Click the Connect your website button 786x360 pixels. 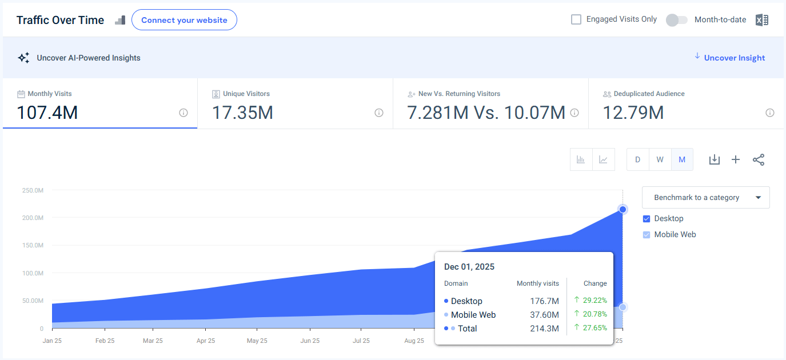click(184, 20)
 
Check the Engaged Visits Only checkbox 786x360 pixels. click(576, 19)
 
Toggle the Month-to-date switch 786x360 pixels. click(676, 20)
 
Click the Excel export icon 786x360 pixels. click(761, 20)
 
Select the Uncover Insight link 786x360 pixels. click(734, 58)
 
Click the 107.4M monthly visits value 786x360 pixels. click(47, 113)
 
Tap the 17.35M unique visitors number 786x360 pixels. click(242, 113)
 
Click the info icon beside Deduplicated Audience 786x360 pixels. click(770, 113)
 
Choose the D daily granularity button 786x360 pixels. click(637, 159)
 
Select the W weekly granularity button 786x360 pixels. click(660, 159)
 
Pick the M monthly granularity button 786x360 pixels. click(682, 159)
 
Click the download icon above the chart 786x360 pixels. click(714, 159)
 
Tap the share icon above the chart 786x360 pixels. click(759, 159)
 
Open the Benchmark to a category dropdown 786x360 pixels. click(705, 198)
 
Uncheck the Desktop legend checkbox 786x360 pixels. click(647, 219)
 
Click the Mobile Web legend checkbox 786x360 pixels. click(647, 235)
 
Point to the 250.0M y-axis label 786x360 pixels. click(32, 190)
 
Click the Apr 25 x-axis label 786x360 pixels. click(205, 341)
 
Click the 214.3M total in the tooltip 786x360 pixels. click(544, 329)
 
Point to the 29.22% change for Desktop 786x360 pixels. click(595, 300)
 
